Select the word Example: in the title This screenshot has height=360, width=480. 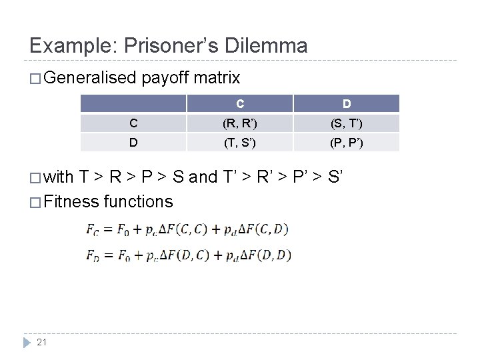click(x=71, y=45)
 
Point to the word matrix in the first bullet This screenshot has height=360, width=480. click(x=217, y=78)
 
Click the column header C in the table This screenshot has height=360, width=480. click(x=240, y=104)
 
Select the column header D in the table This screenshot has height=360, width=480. click(x=347, y=104)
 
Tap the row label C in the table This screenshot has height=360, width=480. click(x=133, y=123)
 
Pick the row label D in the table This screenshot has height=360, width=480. click(x=133, y=142)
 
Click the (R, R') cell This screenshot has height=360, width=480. click(x=240, y=123)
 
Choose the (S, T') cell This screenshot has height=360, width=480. click(x=347, y=123)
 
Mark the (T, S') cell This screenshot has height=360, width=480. click(x=240, y=142)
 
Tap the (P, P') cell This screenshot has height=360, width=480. click(x=347, y=142)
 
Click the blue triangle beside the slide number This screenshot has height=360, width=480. click(x=26, y=343)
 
